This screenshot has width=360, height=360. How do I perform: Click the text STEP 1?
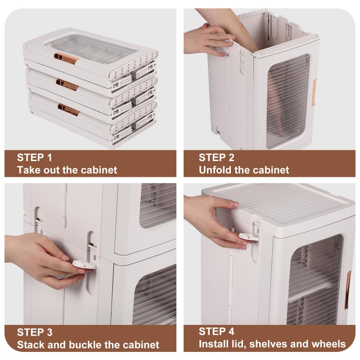(x=35, y=157)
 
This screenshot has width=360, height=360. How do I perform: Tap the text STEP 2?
(x=216, y=157)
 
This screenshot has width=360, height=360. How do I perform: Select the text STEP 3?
(x=35, y=332)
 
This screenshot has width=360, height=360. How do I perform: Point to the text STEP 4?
(x=216, y=331)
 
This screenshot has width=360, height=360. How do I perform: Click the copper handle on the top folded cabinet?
(x=66, y=58)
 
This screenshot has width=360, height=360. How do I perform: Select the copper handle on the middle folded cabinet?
(x=67, y=85)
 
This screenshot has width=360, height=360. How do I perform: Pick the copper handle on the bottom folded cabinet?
(x=69, y=109)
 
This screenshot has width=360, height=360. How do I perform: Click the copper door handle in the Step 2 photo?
(x=314, y=93)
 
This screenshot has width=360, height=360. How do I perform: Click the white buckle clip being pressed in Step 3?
(x=84, y=264)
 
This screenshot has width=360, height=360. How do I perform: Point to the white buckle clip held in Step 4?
(x=248, y=237)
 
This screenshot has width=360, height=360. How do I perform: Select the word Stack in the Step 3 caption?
(x=31, y=345)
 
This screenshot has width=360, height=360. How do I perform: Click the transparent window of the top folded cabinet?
(x=91, y=49)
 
